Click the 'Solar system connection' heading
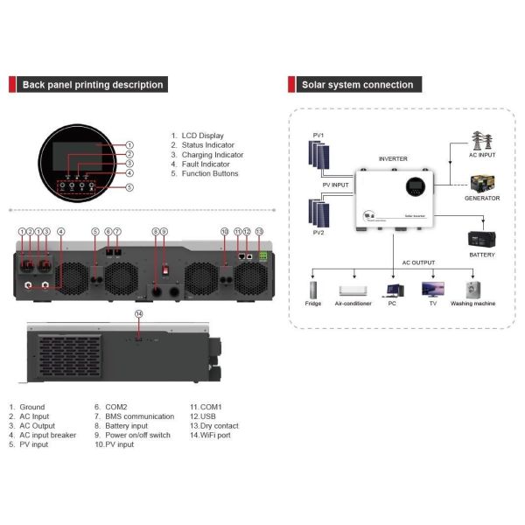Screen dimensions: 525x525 (357, 85)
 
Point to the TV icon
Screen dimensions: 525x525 (432, 289)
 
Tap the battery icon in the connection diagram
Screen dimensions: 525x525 (482, 237)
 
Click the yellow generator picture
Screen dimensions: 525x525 (482, 184)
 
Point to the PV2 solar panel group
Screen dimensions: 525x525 (318, 214)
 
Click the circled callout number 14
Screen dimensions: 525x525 (138, 313)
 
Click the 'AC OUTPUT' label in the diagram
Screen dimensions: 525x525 (417, 262)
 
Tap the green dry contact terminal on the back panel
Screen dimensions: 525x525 (259, 256)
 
